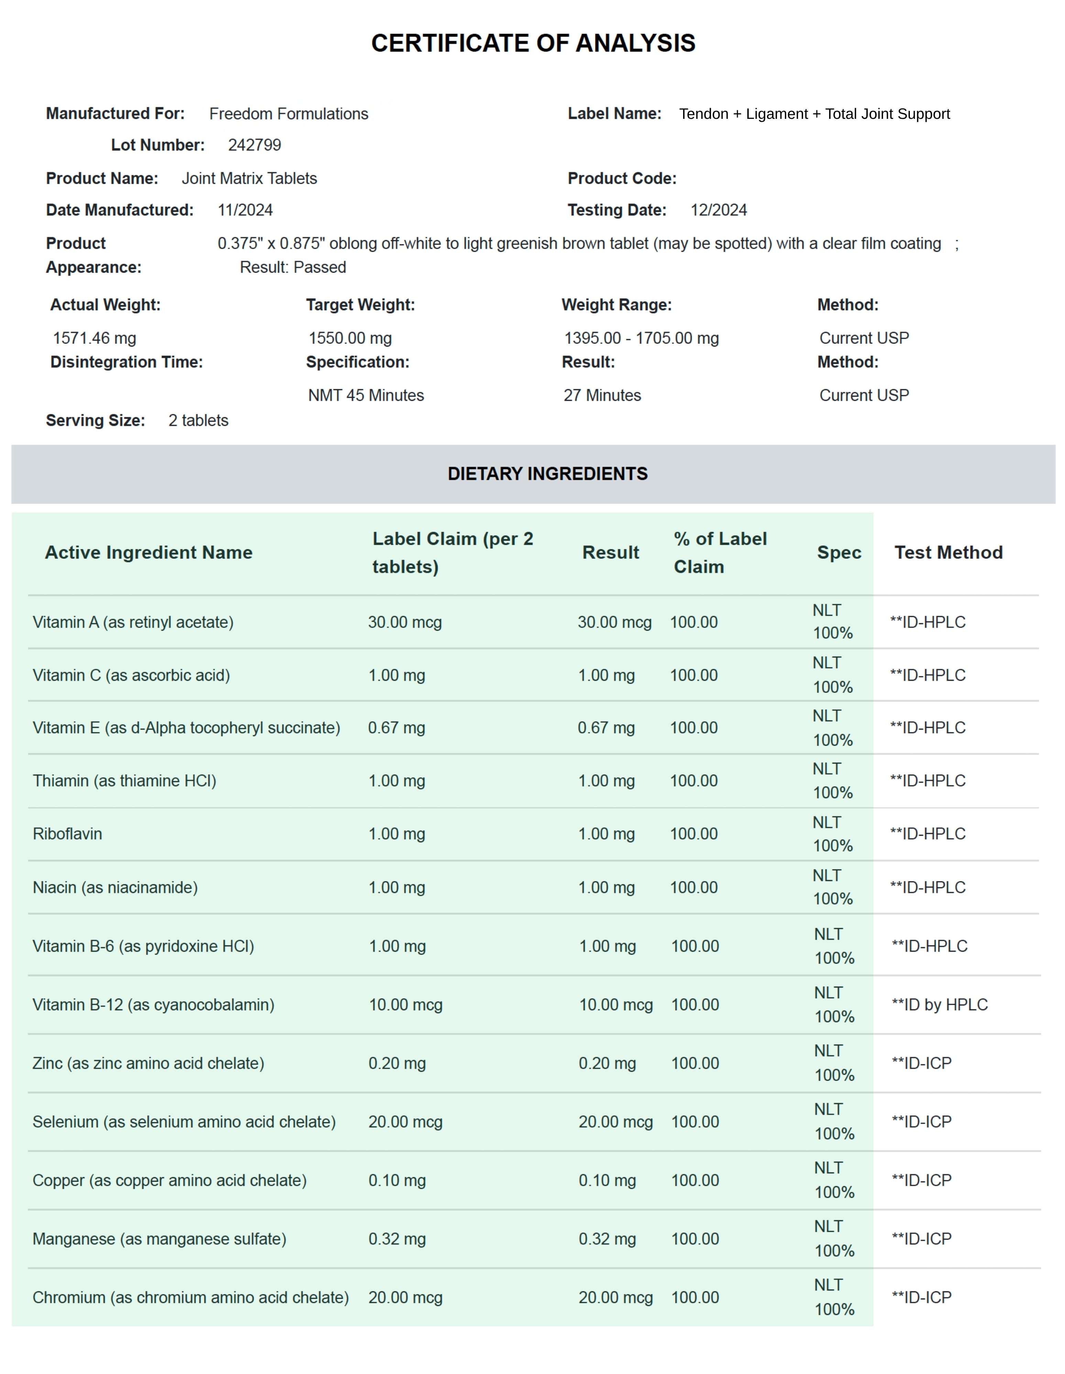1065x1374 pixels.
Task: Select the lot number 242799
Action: pyautogui.click(x=254, y=145)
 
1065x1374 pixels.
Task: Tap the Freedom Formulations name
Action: pyautogui.click(x=288, y=114)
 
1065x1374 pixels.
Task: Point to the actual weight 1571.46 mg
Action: pyautogui.click(x=95, y=338)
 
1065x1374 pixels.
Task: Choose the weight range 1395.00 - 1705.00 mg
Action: pyautogui.click(x=641, y=338)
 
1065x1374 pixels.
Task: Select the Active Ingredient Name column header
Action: pyautogui.click(x=149, y=552)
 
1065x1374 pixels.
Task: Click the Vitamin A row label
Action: pyautogui.click(x=133, y=622)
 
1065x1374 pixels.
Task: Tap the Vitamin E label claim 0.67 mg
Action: pyautogui.click(x=397, y=728)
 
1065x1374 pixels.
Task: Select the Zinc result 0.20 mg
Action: pyautogui.click(x=607, y=1063)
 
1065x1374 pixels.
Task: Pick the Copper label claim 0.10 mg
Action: pyautogui.click(x=397, y=1180)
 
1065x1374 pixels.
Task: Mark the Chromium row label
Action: pyautogui.click(x=190, y=1297)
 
